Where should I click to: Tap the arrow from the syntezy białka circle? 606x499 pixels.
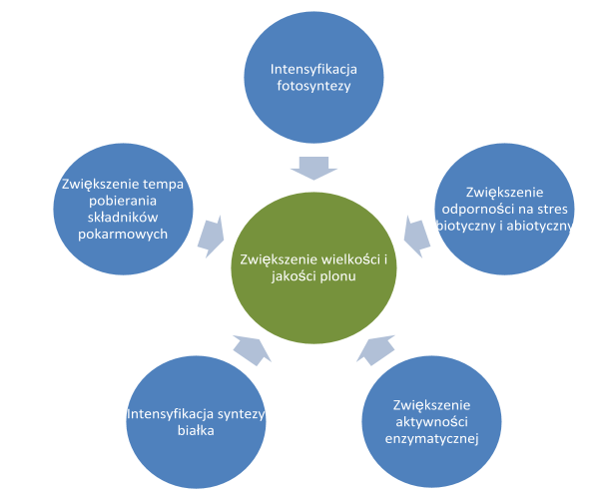pos(250,348)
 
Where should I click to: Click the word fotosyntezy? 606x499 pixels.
pos(314,86)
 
